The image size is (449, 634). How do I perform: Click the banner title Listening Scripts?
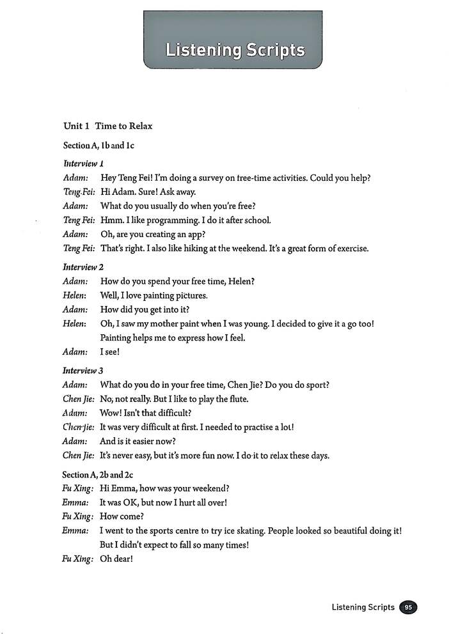click(235, 50)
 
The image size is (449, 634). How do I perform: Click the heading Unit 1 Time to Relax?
click(107, 126)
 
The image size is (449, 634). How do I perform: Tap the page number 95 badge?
click(407, 607)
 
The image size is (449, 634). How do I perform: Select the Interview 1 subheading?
click(83, 163)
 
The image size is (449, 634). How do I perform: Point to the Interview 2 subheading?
click(83, 267)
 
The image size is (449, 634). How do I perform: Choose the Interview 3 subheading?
click(83, 370)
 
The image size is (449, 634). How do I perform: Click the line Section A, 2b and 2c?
click(97, 474)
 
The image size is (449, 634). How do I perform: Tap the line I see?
click(110, 352)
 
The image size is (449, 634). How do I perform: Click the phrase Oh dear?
click(116, 559)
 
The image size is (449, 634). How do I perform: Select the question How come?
click(118, 516)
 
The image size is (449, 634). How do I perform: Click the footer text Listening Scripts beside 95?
click(363, 607)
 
